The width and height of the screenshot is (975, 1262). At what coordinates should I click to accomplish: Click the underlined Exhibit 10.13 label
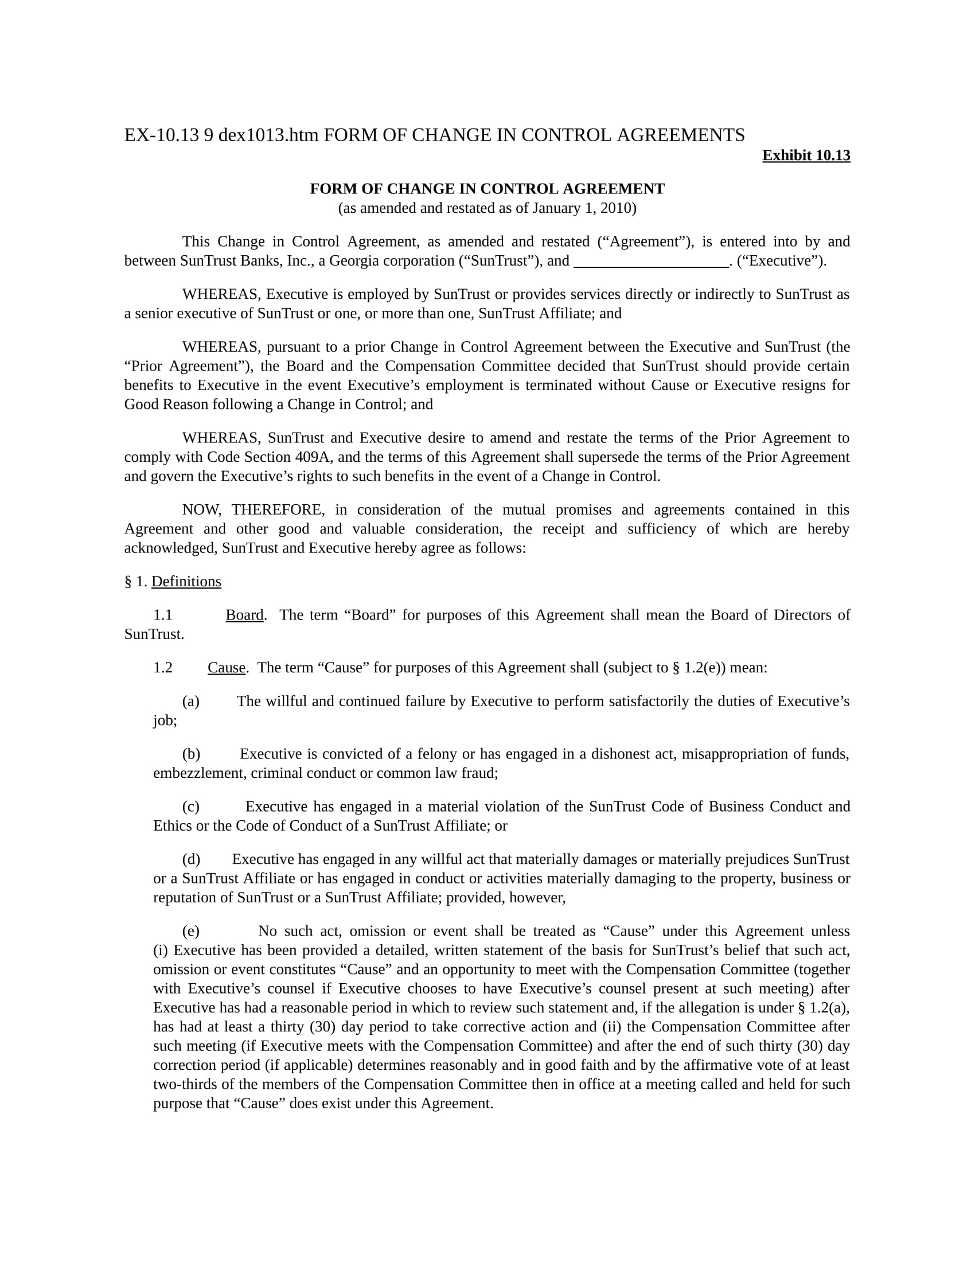coord(806,155)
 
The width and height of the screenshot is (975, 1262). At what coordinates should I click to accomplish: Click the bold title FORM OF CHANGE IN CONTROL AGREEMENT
coord(487,189)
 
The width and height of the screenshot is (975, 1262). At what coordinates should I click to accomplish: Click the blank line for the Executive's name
coord(651,262)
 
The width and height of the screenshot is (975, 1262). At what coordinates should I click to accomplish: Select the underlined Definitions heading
coord(186,581)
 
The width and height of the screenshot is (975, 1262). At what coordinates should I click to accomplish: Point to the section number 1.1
coord(163,615)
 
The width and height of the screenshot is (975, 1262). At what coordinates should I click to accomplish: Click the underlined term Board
coord(244,615)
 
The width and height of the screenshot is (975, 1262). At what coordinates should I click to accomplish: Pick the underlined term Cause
coord(227,667)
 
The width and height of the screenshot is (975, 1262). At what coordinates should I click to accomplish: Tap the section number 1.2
coord(163,667)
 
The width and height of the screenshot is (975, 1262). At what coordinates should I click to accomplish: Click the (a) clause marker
coord(190,701)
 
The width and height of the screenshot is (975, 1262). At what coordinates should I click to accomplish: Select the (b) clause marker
coord(191,754)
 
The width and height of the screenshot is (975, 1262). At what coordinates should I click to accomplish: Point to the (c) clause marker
coord(190,806)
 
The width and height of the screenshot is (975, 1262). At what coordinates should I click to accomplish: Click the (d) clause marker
coord(191,859)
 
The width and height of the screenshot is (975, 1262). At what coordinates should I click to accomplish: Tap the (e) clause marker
coord(190,931)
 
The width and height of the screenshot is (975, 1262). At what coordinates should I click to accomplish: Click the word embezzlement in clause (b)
coord(199,773)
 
